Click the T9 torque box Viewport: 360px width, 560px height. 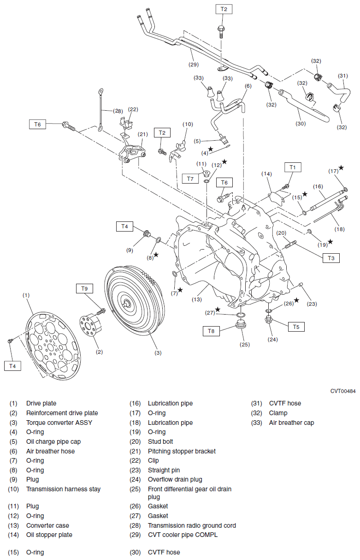(x=84, y=288)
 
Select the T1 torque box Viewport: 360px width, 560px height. (x=292, y=167)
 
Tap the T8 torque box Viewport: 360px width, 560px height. (x=211, y=331)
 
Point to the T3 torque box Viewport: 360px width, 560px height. (x=331, y=258)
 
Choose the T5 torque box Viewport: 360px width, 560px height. (x=296, y=327)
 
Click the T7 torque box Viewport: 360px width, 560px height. (x=189, y=179)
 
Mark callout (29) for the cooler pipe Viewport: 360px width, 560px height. (x=194, y=64)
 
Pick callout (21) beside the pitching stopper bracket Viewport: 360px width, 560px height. (x=142, y=134)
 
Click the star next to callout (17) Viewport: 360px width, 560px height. (x=341, y=168)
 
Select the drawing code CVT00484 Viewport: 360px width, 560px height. (x=342, y=391)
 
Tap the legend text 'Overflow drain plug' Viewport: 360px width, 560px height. (x=175, y=479)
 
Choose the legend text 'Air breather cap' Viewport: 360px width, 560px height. (x=291, y=423)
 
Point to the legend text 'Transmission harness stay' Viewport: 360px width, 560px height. (x=63, y=489)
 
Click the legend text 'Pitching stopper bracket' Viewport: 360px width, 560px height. (x=182, y=451)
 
